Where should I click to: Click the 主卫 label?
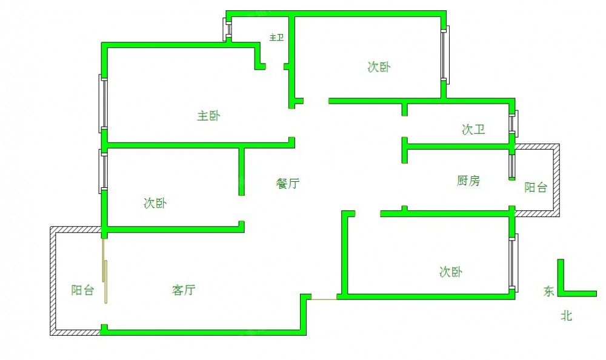276,38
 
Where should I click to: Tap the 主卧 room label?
208,116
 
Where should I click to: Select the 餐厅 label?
287,183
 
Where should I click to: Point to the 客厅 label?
184,290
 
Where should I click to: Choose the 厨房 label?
468,181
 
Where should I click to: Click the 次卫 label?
473,130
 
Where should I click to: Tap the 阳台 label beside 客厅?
82,290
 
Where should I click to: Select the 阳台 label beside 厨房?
536,187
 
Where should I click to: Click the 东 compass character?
549,291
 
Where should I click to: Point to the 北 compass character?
567,316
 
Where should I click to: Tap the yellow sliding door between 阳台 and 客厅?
104,272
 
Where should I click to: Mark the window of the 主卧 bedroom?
103,103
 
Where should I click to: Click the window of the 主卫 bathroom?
227,29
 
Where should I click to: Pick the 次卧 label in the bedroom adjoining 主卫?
379,67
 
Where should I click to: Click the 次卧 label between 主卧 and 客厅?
155,203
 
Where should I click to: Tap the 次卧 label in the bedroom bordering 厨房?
451,272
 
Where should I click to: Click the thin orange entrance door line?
324,299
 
